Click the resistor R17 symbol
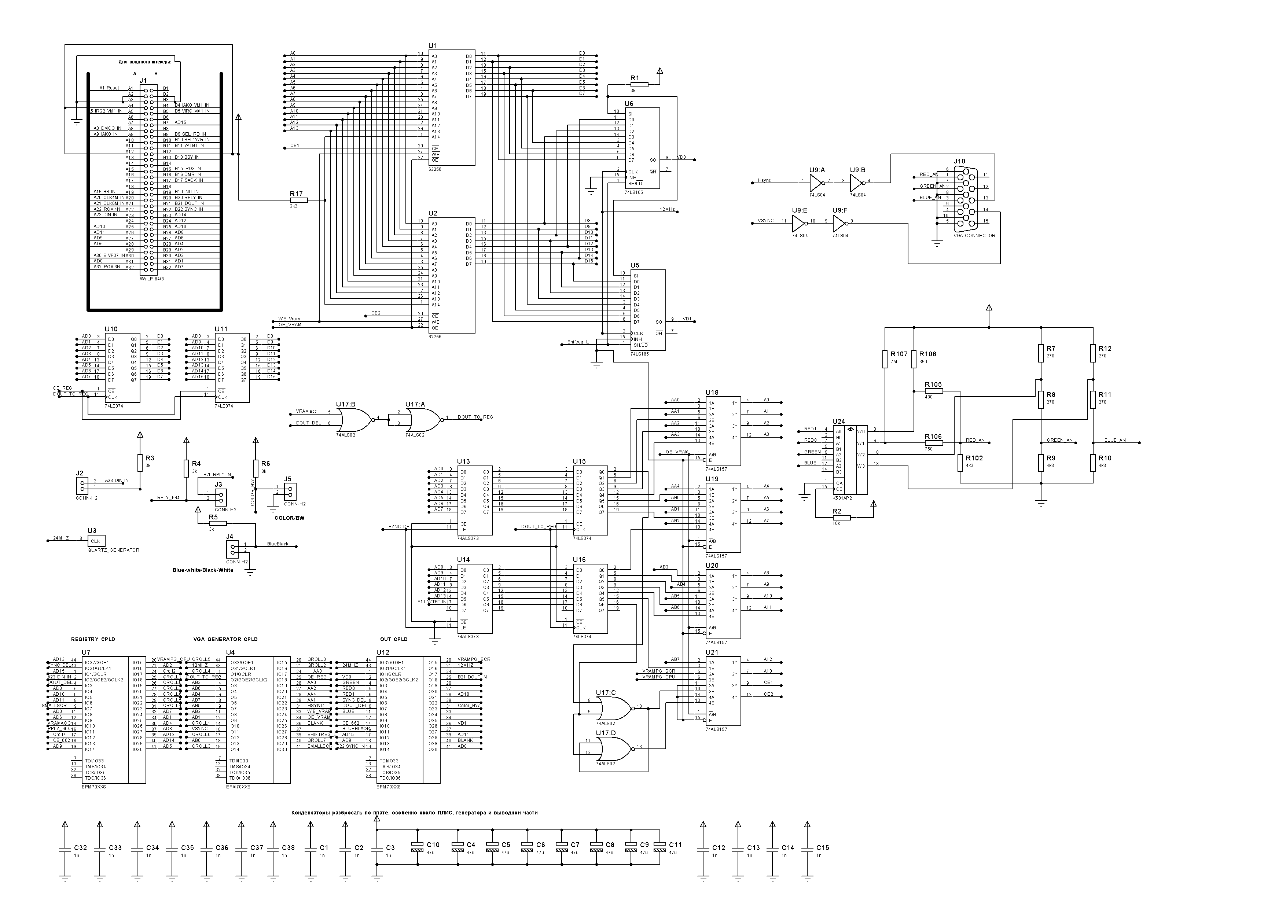point(298,200)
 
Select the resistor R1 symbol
point(639,85)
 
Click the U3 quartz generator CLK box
point(96,541)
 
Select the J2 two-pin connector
point(82,485)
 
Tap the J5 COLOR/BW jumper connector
point(290,491)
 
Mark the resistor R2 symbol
point(841,518)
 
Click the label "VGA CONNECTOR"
point(974,236)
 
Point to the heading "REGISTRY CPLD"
point(93,639)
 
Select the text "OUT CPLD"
point(394,639)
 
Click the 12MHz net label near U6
point(667,209)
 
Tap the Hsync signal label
point(764,180)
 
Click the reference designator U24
point(838,422)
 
